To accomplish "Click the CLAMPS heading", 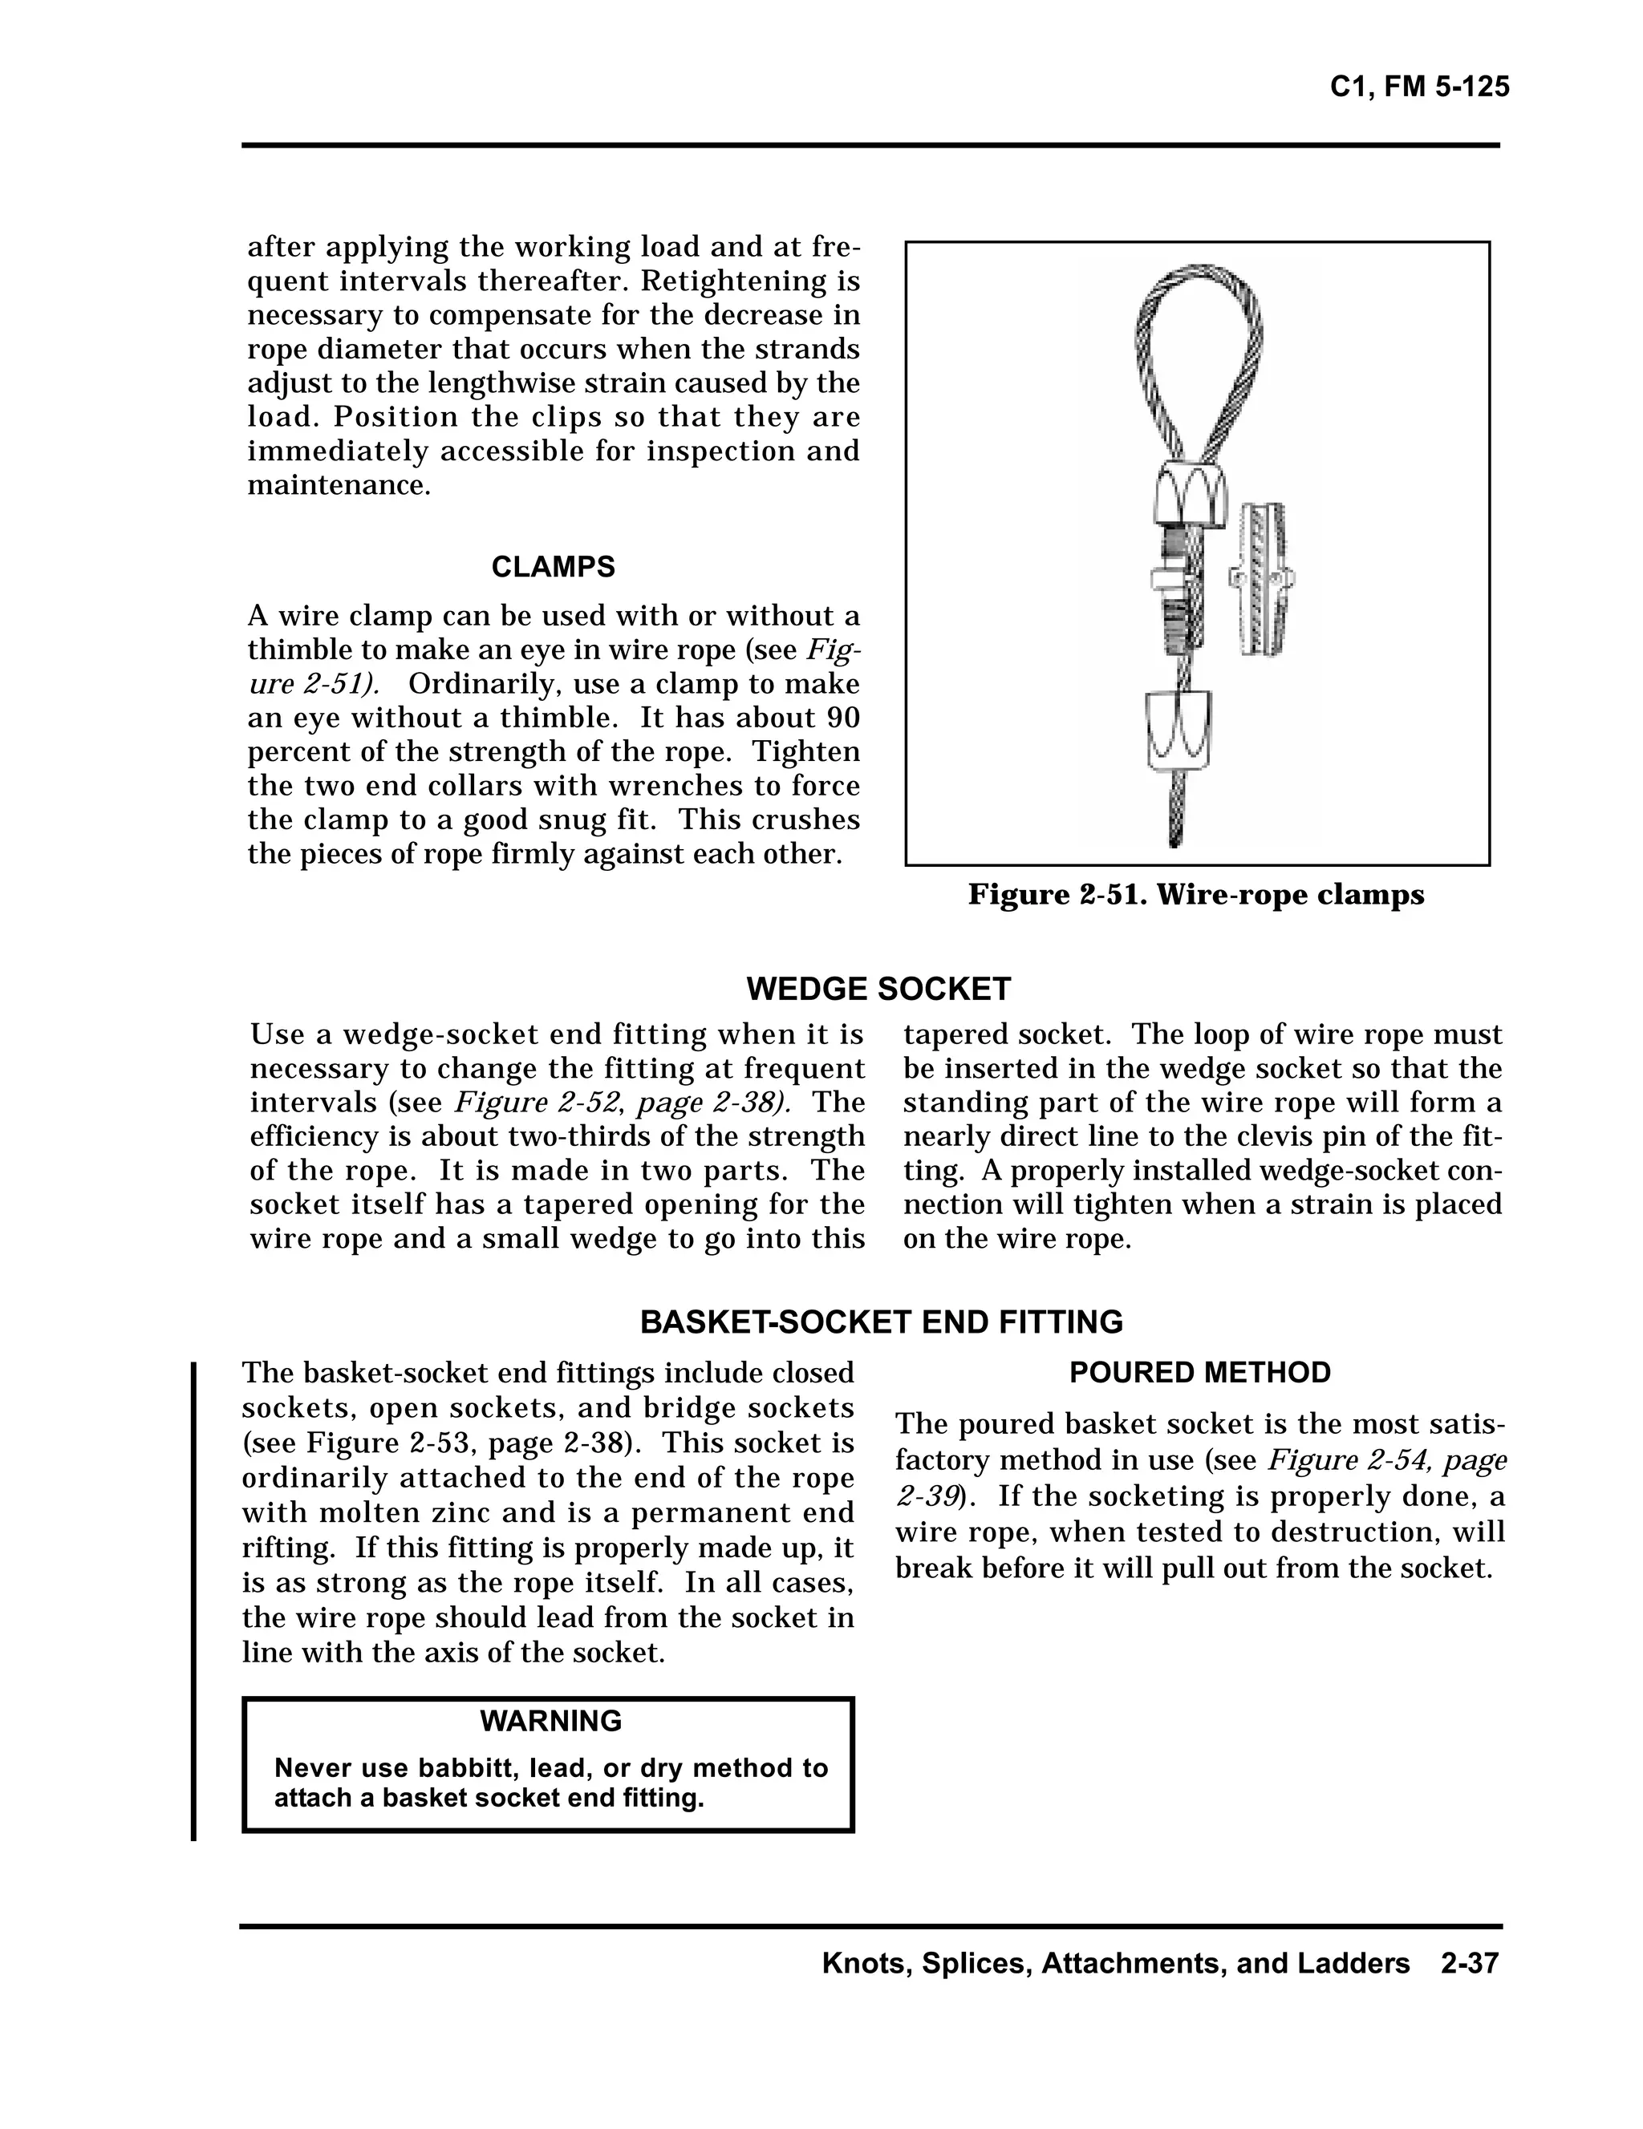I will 553,566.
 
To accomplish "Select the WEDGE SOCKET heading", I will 878,989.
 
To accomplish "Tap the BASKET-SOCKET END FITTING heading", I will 881,1322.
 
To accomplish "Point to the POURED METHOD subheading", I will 1199,1373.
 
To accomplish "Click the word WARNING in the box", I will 550,1721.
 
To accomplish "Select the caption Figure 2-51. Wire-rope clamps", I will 1195,894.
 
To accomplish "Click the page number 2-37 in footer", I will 1468,1962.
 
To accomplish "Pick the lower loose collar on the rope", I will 1178,729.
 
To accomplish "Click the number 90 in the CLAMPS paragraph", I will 842,718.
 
